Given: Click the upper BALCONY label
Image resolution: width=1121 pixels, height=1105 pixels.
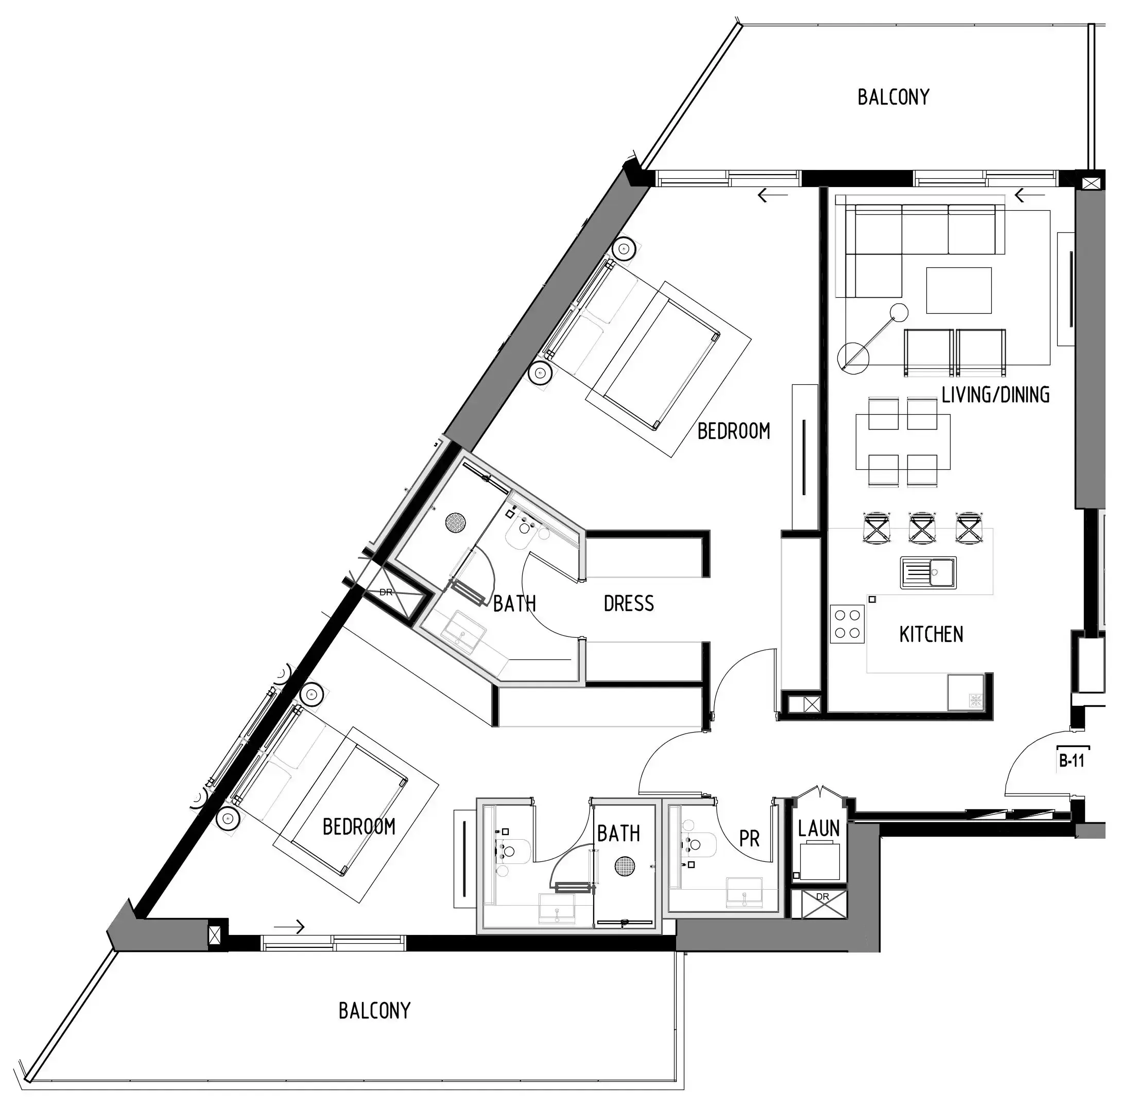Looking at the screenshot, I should pos(893,97).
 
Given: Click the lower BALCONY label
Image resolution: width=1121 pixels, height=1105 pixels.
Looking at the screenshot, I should pos(374,1011).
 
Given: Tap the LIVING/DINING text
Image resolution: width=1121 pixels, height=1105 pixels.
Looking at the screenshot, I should pos(995,395).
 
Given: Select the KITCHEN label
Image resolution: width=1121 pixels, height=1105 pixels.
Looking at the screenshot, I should pos(930,634).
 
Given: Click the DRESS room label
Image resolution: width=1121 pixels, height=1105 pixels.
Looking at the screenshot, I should pos(628,604).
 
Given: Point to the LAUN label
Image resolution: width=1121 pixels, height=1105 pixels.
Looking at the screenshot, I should pos(819,829).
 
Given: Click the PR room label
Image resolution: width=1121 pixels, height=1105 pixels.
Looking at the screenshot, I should pos(749,839).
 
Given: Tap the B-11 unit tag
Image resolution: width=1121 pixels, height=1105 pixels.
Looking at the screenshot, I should pos(1072,760).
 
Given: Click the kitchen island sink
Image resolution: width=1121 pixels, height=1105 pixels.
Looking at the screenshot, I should pos(928,572).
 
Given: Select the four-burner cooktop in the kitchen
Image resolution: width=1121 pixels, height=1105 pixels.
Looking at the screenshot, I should pos(847,624).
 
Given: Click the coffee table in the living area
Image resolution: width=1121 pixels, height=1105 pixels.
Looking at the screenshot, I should pos(958,290).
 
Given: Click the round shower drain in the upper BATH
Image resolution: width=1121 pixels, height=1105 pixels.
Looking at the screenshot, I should pos(457,522).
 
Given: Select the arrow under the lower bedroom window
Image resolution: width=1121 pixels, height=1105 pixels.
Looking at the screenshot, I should pos(289,927).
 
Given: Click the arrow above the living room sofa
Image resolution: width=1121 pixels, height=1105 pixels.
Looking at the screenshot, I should pos(1029,196).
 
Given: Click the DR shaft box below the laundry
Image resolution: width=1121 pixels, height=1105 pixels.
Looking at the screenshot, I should pos(819,904).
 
